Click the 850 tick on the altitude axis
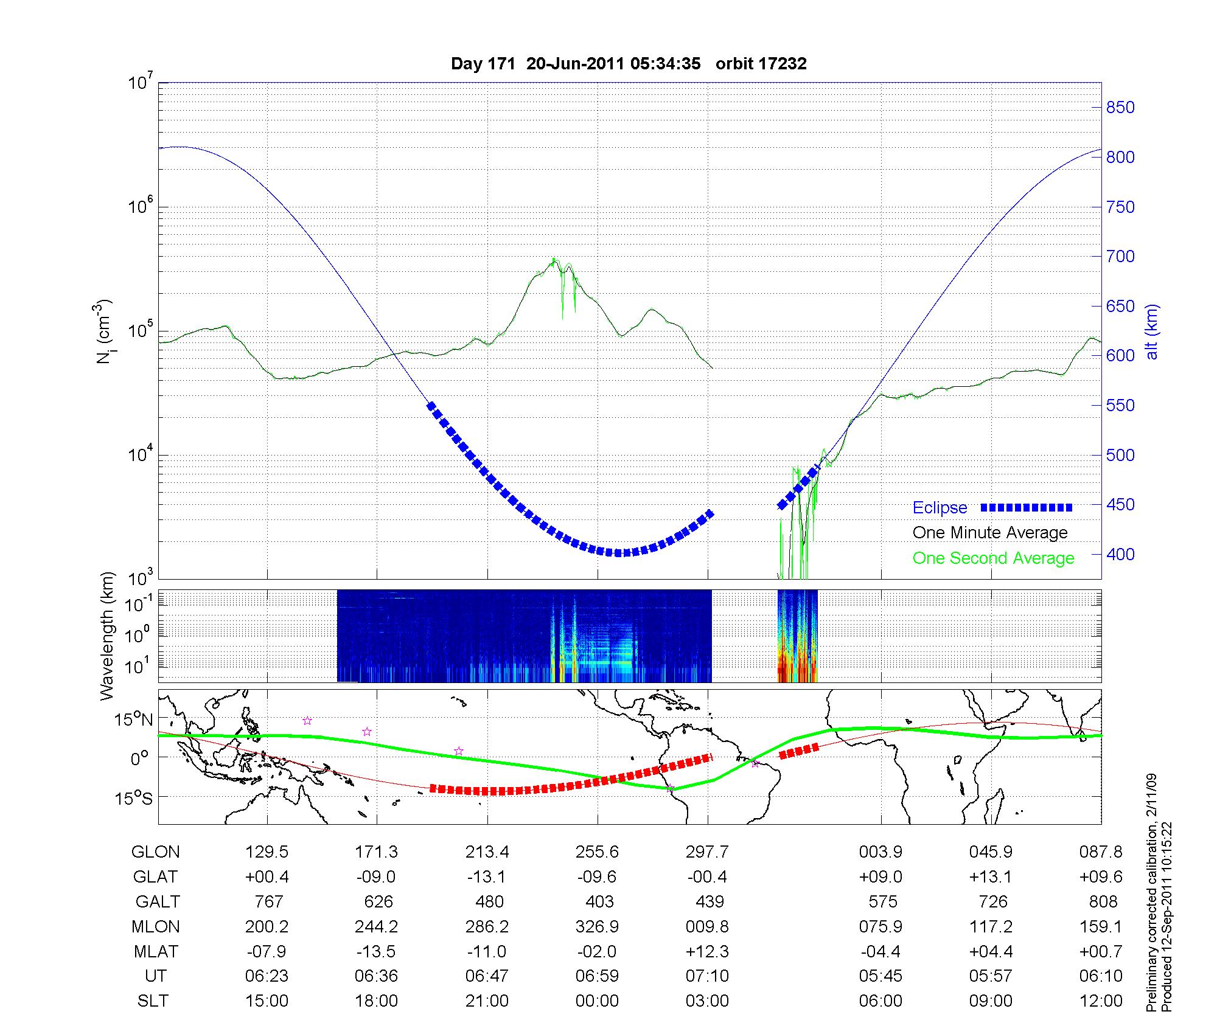click(x=1120, y=108)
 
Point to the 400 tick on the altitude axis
click(x=1120, y=554)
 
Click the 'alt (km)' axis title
click(x=1152, y=331)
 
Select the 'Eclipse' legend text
click(x=940, y=508)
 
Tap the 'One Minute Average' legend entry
click(x=990, y=533)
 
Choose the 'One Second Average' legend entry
click(x=993, y=558)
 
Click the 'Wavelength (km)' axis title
click(x=108, y=636)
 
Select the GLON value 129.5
click(x=267, y=852)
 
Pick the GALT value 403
click(x=599, y=901)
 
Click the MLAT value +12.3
click(x=706, y=951)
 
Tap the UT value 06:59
click(x=597, y=976)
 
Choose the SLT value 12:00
click(x=1101, y=1001)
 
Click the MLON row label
click(x=156, y=927)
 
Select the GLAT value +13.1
click(x=990, y=877)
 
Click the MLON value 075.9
click(x=880, y=927)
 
